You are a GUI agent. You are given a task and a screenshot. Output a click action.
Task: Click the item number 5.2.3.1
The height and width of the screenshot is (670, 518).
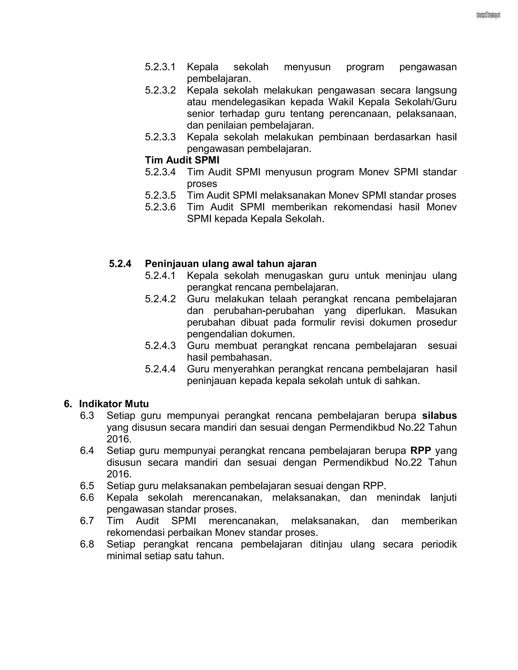[160, 67]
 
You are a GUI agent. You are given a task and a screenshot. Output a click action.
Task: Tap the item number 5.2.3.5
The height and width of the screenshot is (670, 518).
[160, 195]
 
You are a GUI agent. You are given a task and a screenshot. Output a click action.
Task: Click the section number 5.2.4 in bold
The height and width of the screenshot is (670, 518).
[120, 263]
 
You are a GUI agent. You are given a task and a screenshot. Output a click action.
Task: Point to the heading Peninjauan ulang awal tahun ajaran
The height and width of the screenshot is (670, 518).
[230, 263]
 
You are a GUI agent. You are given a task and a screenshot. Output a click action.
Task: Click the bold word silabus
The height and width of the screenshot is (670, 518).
[439, 416]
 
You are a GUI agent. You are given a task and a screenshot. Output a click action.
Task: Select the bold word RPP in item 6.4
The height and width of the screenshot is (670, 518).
[421, 451]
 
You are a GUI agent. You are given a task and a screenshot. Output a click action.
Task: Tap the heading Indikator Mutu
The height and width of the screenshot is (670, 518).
[114, 404]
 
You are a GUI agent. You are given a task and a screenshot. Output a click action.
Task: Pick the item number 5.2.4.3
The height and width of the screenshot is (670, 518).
[160, 346]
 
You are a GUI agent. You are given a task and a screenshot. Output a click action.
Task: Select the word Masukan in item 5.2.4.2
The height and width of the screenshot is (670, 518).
[436, 311]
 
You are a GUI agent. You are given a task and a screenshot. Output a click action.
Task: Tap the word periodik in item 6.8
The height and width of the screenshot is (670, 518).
[439, 544]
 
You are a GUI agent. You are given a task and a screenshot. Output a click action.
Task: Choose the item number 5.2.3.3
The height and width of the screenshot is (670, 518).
[160, 137]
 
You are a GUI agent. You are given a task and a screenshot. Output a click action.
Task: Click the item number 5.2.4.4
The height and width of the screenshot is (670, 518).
[160, 369]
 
